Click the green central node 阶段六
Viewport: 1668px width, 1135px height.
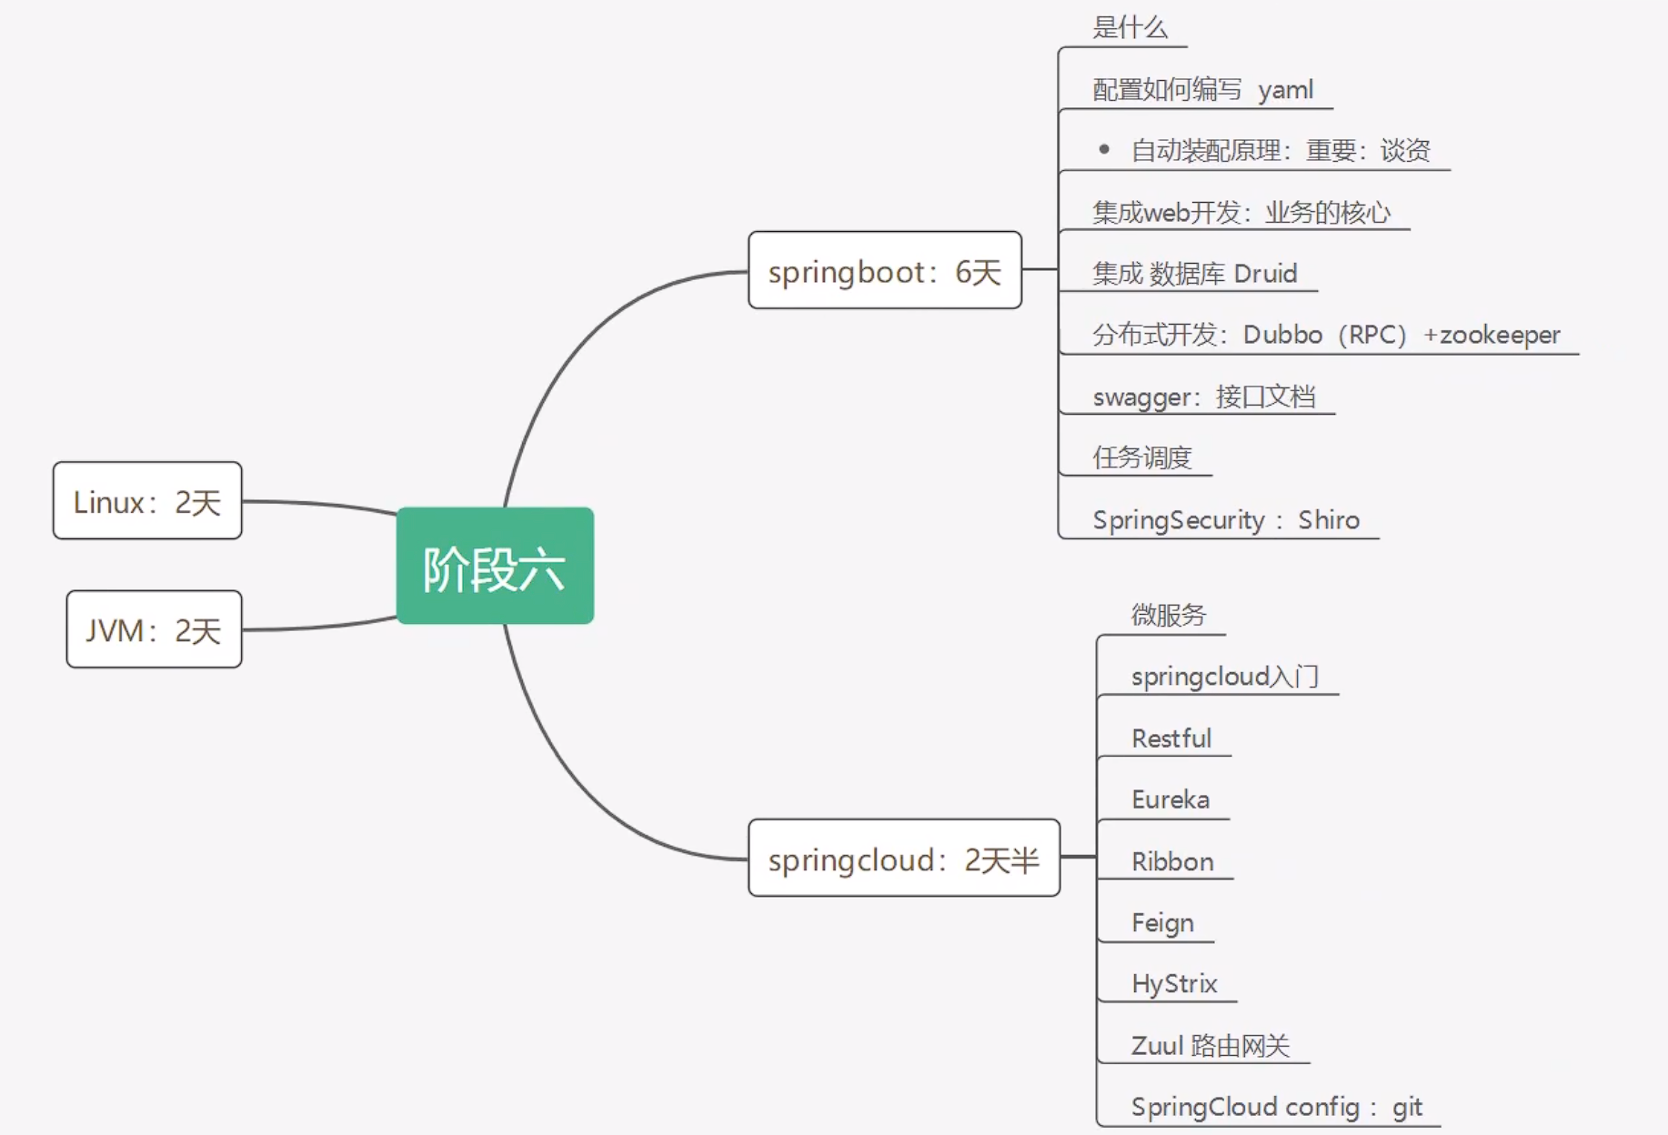click(495, 566)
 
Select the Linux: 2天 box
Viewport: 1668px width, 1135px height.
click(147, 501)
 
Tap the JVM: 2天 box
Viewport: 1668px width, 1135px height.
click(154, 629)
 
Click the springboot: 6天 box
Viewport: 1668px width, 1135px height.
click(885, 270)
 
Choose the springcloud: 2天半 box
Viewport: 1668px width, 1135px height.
click(904, 858)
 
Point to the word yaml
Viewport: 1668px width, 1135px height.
click(1285, 90)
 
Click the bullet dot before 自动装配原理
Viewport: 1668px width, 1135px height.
click(1104, 149)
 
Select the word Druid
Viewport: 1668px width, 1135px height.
click(1265, 273)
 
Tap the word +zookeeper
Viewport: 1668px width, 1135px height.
click(1492, 335)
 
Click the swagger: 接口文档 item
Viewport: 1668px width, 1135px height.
click(1204, 397)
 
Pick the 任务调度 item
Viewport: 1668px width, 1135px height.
click(1142, 457)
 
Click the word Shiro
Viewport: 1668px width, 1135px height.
click(1329, 519)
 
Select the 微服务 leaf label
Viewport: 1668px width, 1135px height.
click(1169, 615)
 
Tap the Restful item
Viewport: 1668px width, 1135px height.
click(1171, 738)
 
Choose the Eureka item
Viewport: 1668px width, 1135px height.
click(1171, 799)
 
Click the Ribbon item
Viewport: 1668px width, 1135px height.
click(1172, 861)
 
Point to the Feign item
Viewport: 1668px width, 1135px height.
click(1162, 923)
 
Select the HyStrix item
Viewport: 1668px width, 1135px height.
click(1174, 984)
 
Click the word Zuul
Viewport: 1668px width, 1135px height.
click(1158, 1046)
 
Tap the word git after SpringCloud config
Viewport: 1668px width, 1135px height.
click(1407, 1107)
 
